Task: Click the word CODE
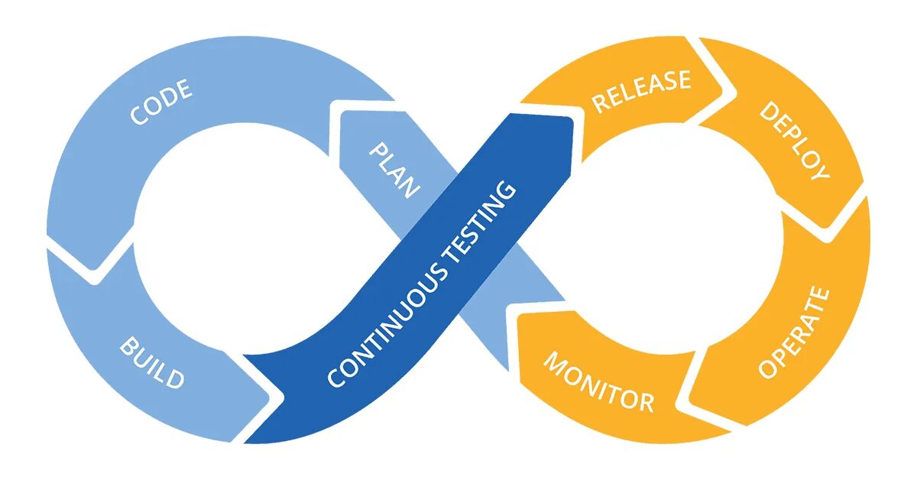point(161,103)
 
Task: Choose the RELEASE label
point(642,90)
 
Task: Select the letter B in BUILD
point(128,349)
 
